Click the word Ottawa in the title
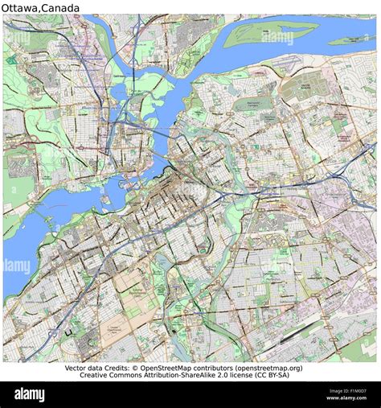tap(23, 7)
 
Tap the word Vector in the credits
tap(80, 368)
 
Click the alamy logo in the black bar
tap(31, 394)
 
